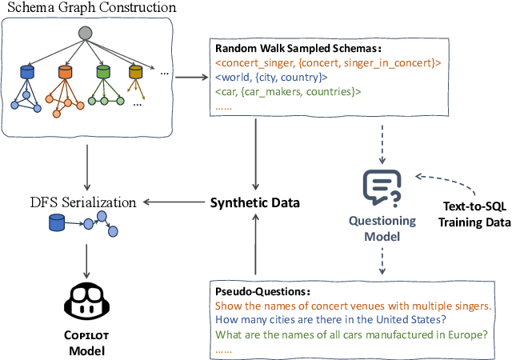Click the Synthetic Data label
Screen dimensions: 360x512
click(254, 202)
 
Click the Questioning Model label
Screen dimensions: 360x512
click(382, 229)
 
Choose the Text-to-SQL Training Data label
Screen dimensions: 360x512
click(466, 212)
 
